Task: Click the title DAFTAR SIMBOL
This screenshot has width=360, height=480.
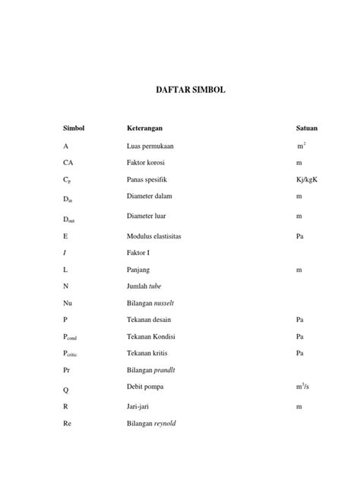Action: (180, 90)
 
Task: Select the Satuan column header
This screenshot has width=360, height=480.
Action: (307, 128)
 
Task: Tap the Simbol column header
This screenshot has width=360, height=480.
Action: (74, 128)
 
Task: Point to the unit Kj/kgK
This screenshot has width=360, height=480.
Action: (308, 180)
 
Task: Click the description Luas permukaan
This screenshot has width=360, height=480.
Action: (150, 145)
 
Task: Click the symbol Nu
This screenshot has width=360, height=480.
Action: (68, 303)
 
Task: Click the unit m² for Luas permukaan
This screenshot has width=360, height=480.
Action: (302, 145)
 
